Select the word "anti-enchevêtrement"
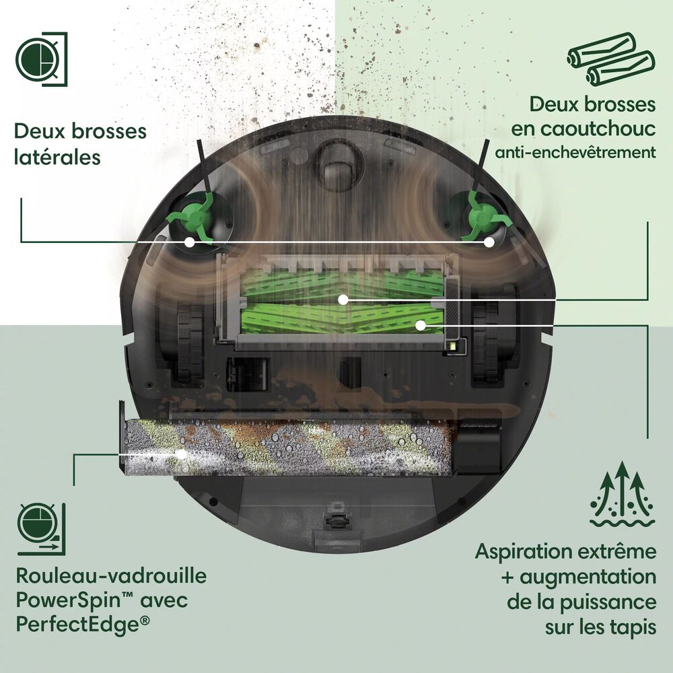click(575, 152)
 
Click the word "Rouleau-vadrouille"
click(110, 576)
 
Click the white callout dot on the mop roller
click(180, 454)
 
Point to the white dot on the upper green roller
click(343, 298)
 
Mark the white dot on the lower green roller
click(420, 325)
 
